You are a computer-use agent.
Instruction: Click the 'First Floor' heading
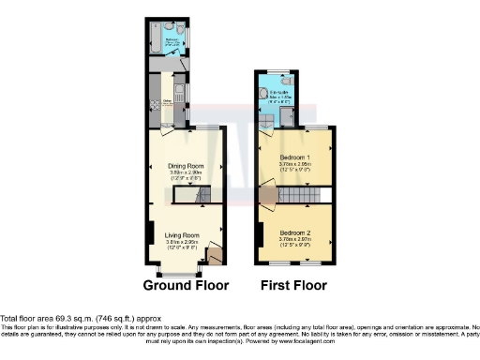pos(294,285)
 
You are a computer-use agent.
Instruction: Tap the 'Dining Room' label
pos(186,165)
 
